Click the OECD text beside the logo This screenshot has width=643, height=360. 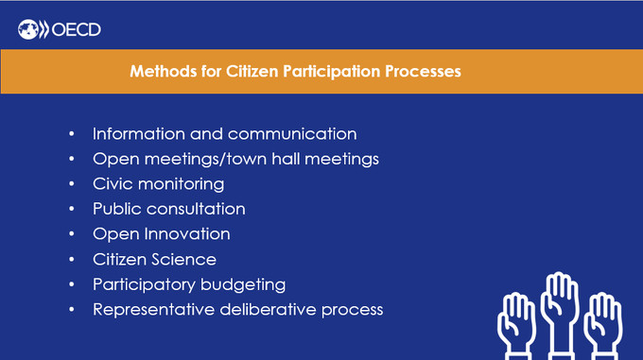(77, 30)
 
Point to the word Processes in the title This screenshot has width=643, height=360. (421, 72)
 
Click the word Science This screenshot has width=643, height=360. (186, 259)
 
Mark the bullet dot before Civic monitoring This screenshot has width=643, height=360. (73, 184)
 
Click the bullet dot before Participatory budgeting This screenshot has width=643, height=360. (73, 284)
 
